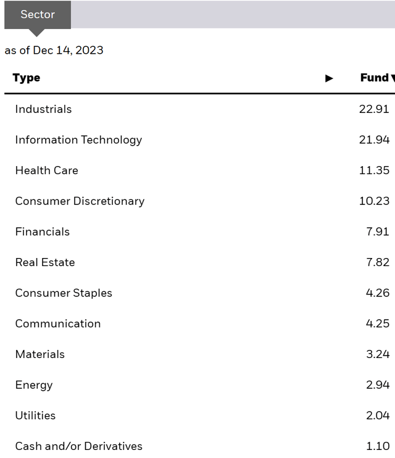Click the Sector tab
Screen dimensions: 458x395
pos(38,14)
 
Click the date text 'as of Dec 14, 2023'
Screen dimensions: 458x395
pos(54,51)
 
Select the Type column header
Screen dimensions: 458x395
pos(27,78)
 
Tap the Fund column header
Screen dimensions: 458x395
pos(374,78)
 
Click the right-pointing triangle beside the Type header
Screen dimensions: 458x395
pos(329,78)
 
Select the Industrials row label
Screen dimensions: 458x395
pos(43,109)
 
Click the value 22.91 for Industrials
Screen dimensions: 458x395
pos(374,109)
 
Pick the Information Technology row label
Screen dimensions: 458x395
pos(78,140)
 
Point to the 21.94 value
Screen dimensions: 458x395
pos(374,140)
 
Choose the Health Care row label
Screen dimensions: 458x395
pos(47,170)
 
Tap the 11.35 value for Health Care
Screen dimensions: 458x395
pos(374,170)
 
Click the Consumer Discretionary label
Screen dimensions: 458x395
pos(80,201)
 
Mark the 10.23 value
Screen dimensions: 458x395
pos(374,201)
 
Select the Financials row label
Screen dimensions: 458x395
pos(43,232)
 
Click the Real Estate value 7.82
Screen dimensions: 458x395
pos(377,262)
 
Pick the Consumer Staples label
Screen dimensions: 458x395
pos(64,293)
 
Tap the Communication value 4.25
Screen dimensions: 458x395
pos(377,323)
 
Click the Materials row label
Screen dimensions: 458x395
pos(40,354)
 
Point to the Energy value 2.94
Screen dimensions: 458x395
pos(377,385)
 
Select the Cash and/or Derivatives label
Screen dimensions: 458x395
pos(79,446)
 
